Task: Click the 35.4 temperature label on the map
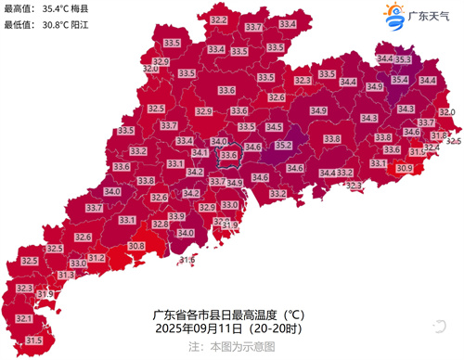400,80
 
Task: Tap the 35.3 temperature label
404,59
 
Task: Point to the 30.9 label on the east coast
405,169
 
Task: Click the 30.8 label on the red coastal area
136,246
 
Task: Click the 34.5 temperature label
274,127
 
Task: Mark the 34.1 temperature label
200,153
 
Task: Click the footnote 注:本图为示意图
231,345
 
